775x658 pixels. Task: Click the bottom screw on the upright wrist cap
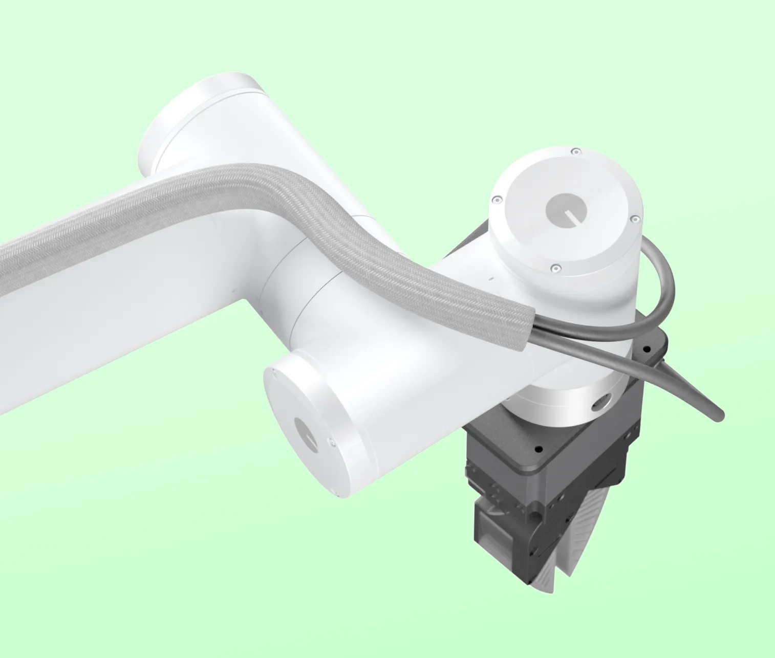(554, 268)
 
